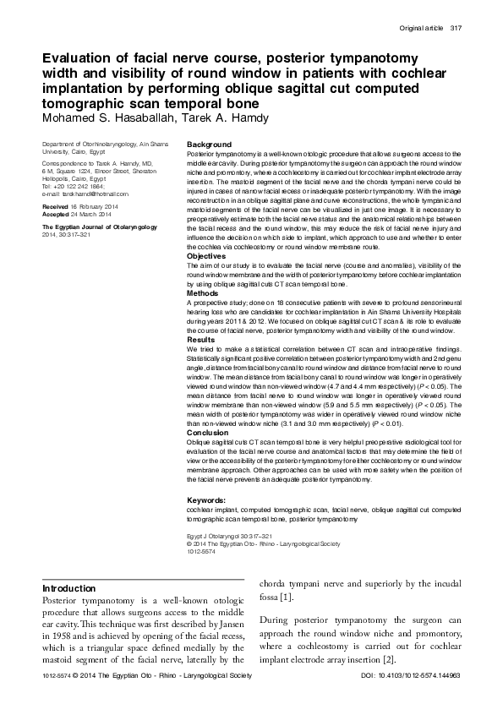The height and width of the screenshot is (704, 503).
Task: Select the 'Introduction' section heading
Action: point(68,588)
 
